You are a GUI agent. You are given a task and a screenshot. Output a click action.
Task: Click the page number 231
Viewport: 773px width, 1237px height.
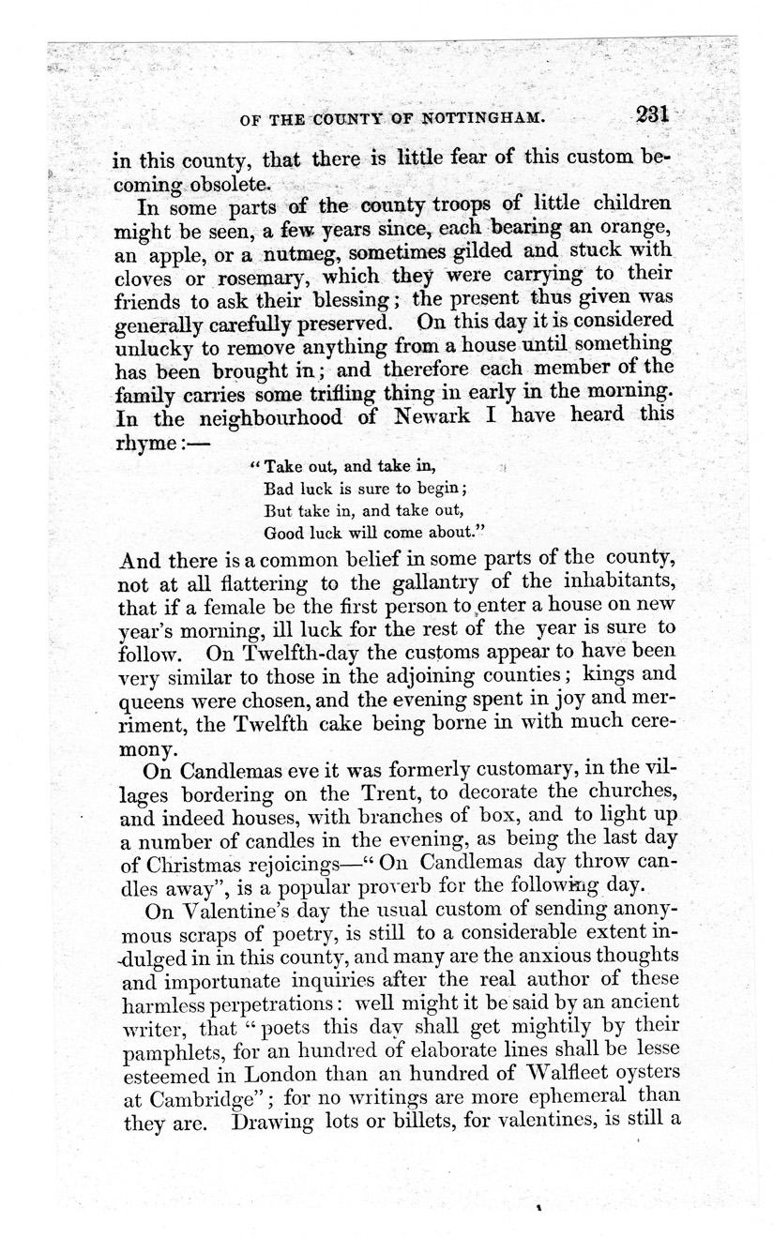(650, 113)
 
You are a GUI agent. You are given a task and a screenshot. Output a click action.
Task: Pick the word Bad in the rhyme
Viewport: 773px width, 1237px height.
(280, 488)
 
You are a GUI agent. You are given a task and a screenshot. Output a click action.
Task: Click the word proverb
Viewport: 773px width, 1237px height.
(413, 882)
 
